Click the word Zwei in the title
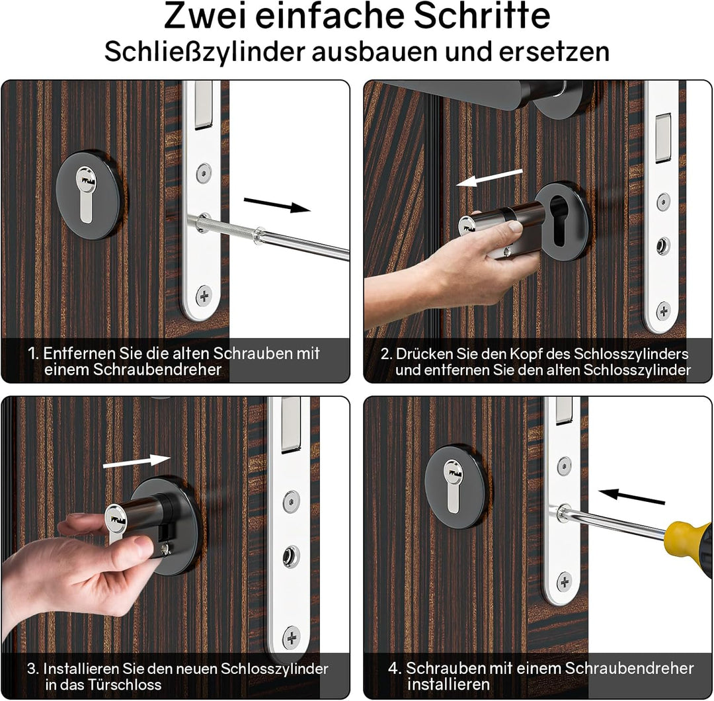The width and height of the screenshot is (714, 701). pos(204,17)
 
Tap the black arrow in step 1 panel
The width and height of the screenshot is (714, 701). pos(277,204)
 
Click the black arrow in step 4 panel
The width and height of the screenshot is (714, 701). pos(631,496)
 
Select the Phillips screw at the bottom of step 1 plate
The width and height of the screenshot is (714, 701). pos(204,296)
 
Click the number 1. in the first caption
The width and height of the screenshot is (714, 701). pos(33,353)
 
